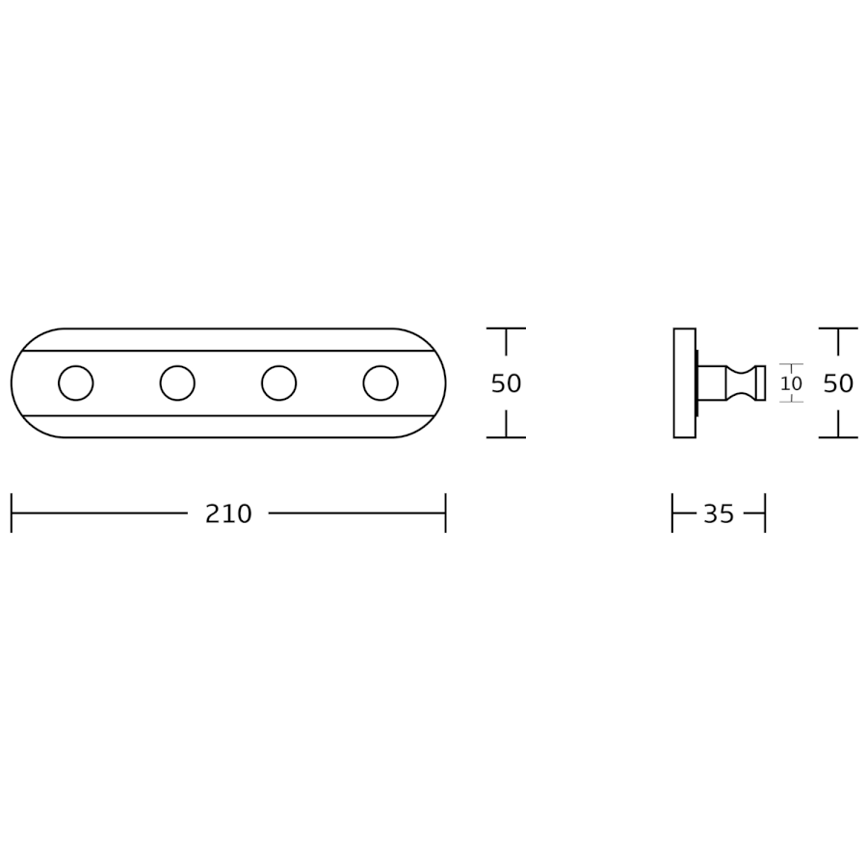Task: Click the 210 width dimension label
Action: (x=228, y=513)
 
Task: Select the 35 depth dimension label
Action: (x=719, y=513)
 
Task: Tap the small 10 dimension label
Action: (x=791, y=382)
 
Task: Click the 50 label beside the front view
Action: (x=506, y=383)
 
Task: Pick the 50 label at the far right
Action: (x=838, y=383)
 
